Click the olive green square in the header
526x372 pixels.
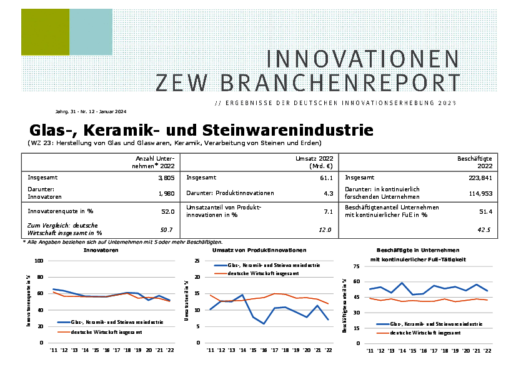[45, 33]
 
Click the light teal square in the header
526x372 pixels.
[91, 33]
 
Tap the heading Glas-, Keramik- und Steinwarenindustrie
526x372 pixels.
[201, 130]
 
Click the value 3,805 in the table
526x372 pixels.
[166, 178]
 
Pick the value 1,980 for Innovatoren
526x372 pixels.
[166, 194]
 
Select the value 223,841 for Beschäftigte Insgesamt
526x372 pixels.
[480, 178]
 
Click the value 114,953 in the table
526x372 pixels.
[480, 194]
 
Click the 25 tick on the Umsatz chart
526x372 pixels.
[197, 261]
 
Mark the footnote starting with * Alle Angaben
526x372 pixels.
[122, 242]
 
